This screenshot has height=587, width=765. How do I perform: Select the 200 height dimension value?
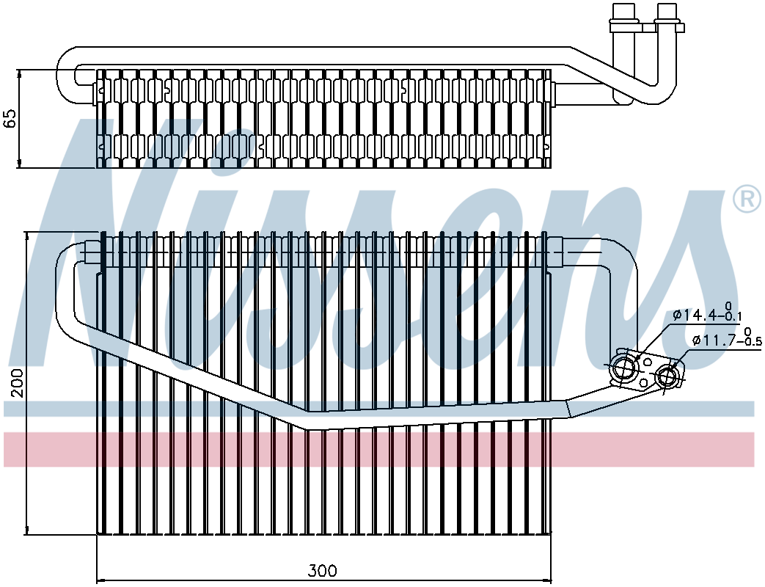pos(17,383)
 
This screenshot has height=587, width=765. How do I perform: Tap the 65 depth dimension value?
pos(10,119)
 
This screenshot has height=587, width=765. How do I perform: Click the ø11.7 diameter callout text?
pos(714,340)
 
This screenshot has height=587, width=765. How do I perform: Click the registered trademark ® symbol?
pos(746,199)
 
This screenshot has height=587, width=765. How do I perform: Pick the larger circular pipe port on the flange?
pos(625,369)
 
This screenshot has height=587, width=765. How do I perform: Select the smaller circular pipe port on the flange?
pos(667,377)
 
